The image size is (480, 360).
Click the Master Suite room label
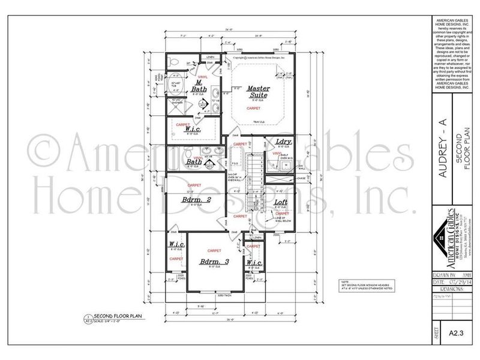click(x=259, y=91)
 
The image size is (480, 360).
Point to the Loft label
click(x=281, y=204)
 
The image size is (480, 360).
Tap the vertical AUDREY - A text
click(x=443, y=150)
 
